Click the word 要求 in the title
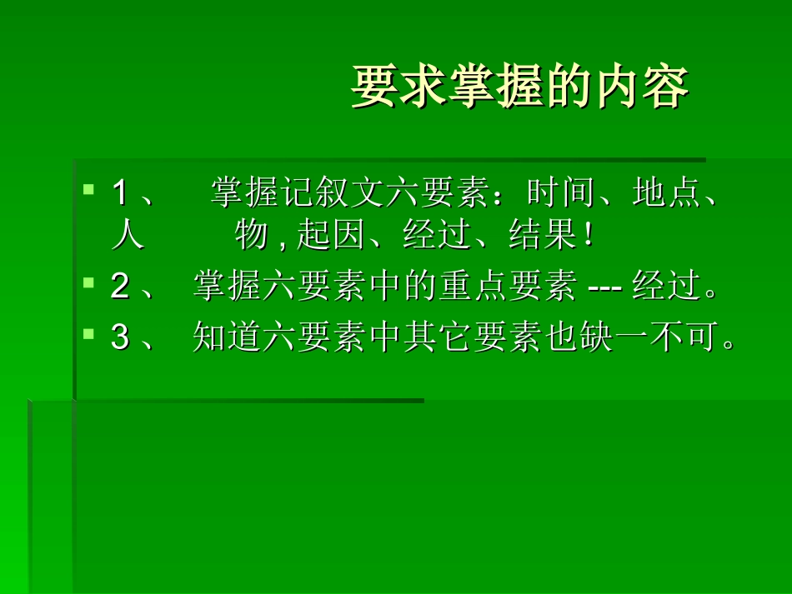click(399, 87)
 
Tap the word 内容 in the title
click(641, 87)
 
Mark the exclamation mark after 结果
click(589, 237)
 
